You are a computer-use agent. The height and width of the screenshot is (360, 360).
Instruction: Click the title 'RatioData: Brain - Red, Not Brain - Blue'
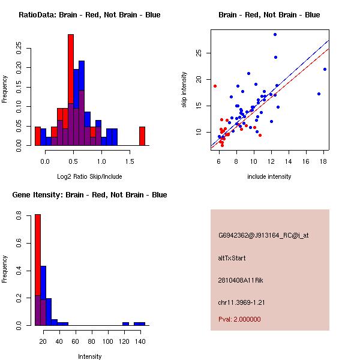click(89, 14)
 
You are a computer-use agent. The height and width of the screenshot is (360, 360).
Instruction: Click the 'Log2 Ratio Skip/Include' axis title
click(89, 176)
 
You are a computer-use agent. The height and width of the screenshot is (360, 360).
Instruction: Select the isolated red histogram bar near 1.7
click(142, 136)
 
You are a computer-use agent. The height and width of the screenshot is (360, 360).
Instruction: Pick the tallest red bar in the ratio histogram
click(71, 90)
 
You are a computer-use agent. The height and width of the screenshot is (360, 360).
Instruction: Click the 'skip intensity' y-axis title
click(185, 90)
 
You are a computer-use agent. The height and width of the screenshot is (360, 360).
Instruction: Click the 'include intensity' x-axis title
click(269, 176)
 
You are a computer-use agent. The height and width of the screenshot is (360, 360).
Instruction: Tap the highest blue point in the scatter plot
click(275, 34)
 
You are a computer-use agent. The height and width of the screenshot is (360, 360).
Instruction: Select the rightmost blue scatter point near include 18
click(325, 69)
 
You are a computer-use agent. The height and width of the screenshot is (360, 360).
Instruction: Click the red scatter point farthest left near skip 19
click(215, 86)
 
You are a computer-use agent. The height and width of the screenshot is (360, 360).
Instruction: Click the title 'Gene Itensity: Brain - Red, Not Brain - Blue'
click(89, 194)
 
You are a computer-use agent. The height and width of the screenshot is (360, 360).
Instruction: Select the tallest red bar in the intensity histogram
click(37, 270)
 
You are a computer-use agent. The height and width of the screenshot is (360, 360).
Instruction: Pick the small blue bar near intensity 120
click(125, 323)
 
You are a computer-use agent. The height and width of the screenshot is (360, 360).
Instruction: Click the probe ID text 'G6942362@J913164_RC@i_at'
click(263, 235)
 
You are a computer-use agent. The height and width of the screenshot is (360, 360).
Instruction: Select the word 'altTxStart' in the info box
click(232, 258)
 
